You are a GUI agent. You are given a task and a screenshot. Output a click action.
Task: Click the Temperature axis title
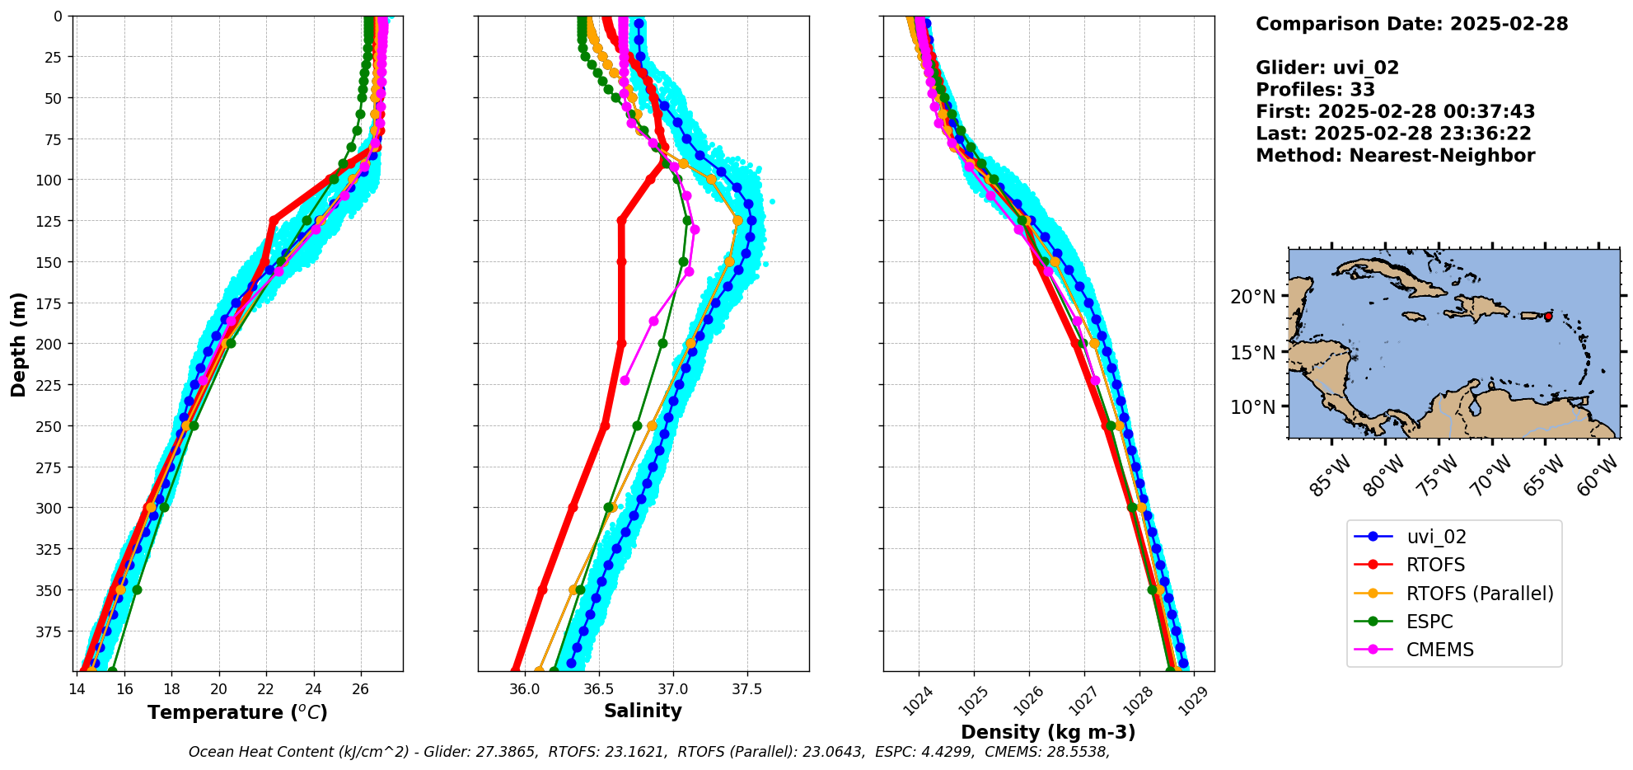pos(237,712)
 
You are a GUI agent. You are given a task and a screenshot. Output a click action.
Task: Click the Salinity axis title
pos(643,711)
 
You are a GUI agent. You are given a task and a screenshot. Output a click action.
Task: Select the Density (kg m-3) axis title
pos(1048,732)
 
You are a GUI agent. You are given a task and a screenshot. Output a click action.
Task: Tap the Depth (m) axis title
pos(19,344)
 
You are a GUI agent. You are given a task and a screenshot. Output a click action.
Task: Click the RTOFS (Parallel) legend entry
pos(1479,594)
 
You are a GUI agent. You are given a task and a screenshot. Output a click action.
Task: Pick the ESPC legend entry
pos(1429,622)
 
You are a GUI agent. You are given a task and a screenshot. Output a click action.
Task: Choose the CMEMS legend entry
pos(1439,650)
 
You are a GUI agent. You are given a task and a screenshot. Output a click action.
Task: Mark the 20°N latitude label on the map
pos(1252,297)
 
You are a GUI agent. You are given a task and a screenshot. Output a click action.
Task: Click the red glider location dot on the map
pos(1548,317)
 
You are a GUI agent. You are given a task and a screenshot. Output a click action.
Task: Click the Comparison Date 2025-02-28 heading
pos(1411,24)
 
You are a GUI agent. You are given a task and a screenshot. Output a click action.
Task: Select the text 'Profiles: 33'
pos(1315,90)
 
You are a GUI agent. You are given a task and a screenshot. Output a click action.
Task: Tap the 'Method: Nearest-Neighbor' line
pos(1395,156)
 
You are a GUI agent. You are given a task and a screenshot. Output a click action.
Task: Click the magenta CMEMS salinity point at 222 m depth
pos(625,381)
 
